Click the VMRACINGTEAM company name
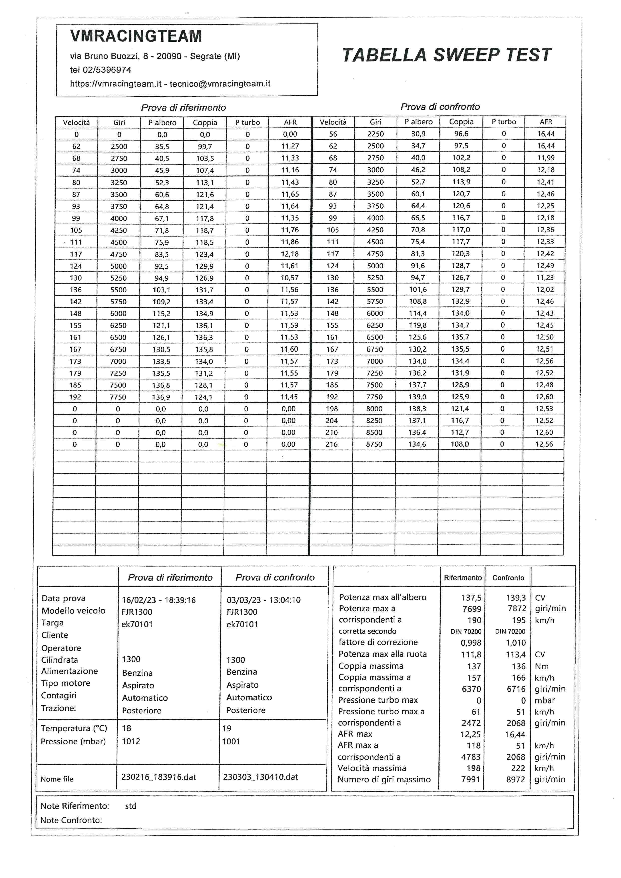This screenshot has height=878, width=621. coord(136,36)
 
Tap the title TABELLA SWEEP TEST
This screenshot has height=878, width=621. coord(446,55)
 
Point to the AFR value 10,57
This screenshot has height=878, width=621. coord(289,278)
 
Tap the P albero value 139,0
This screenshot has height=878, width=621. coord(417,397)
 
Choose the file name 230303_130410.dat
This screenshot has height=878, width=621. coord(261,777)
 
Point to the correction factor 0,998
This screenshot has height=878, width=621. coord(471,642)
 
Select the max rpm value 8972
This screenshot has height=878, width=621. coord(516,779)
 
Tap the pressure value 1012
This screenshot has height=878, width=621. coord(131,741)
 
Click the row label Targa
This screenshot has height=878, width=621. coord(52,623)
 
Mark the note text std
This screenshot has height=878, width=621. coord(131,806)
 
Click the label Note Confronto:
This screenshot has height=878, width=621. coord(71,820)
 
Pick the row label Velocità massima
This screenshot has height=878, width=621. coord(372,768)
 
